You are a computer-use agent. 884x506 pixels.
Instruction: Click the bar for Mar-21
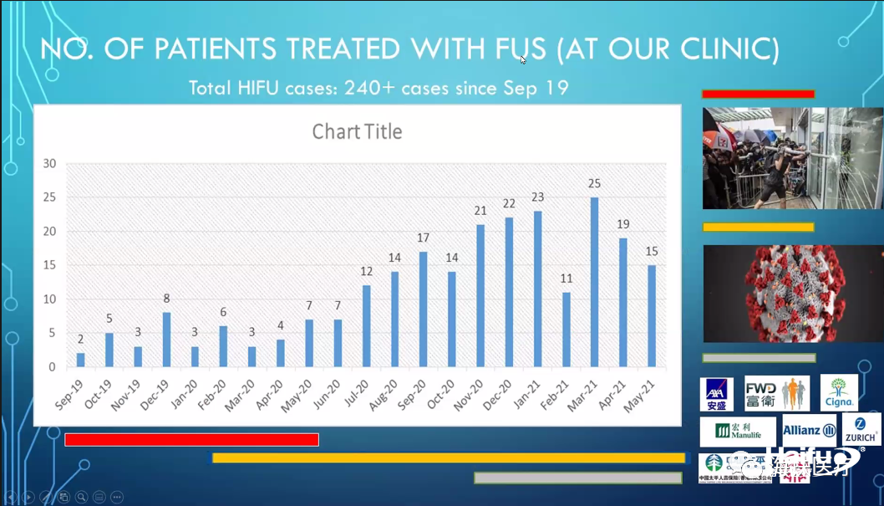pyautogui.click(x=595, y=282)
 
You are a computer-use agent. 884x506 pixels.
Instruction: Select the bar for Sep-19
pyautogui.click(x=81, y=360)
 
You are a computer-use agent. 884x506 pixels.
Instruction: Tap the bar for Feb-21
pyautogui.click(x=566, y=330)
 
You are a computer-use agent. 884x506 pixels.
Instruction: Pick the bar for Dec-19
pyautogui.click(x=166, y=340)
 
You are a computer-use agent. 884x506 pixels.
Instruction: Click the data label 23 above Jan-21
pyautogui.click(x=537, y=197)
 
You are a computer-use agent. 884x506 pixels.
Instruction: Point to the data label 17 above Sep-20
pyautogui.click(x=424, y=238)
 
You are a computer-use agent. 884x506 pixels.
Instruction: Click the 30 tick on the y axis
pyautogui.click(x=49, y=163)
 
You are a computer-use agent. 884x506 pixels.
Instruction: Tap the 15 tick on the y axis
pyautogui.click(x=49, y=265)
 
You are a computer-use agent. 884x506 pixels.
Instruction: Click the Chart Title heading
pyautogui.click(x=357, y=131)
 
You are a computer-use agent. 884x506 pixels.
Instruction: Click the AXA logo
pyautogui.click(x=716, y=394)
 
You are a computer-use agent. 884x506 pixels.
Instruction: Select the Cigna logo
pyautogui.click(x=838, y=392)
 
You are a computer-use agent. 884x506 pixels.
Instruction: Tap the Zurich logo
pyautogui.click(x=861, y=428)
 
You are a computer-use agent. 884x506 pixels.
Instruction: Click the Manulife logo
pyautogui.click(x=738, y=432)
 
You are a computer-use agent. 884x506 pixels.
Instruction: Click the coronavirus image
pyautogui.click(x=792, y=293)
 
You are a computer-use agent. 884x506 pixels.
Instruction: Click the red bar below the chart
pyautogui.click(x=191, y=439)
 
